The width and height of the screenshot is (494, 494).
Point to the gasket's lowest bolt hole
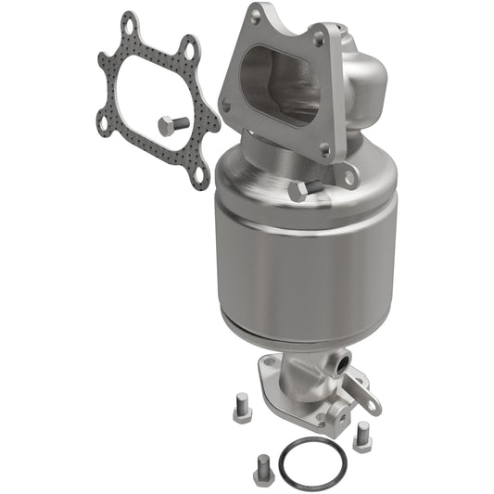[x=198, y=174]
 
